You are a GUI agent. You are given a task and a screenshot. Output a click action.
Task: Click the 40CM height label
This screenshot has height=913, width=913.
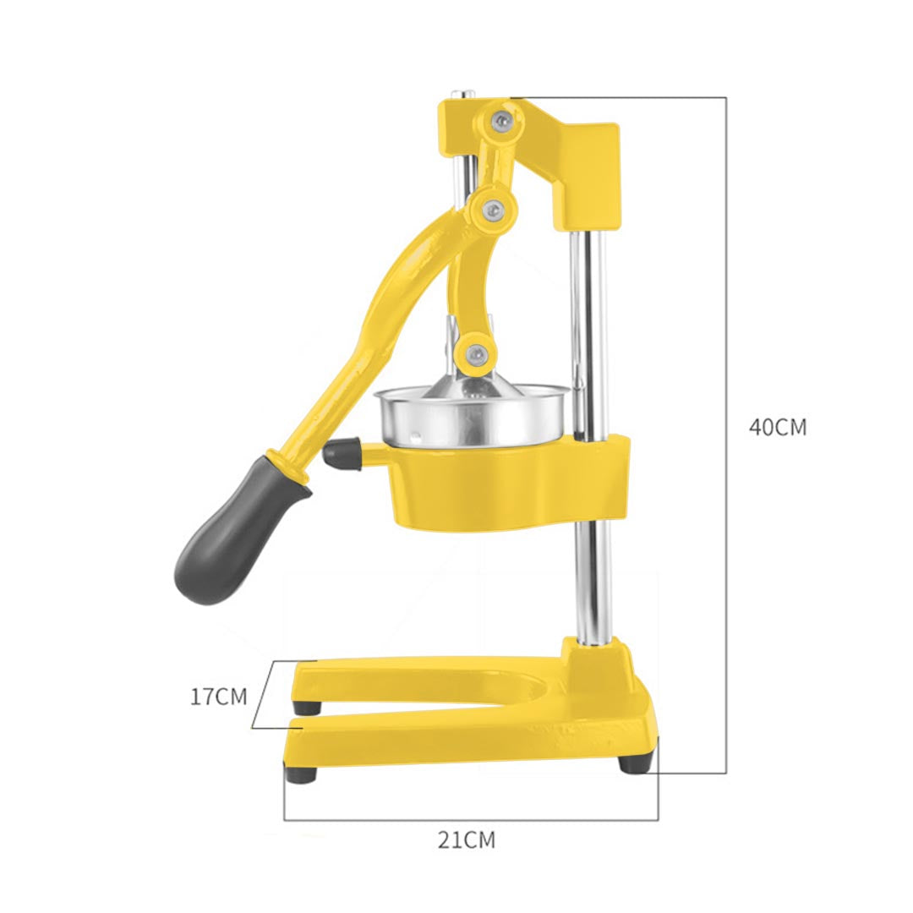click(x=778, y=427)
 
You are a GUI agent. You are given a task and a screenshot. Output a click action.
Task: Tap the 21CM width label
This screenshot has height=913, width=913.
click(x=467, y=839)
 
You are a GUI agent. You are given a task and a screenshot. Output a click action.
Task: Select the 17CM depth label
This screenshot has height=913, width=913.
click(x=218, y=697)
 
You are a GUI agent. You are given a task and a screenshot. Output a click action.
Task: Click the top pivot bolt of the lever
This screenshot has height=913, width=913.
click(x=502, y=119)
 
